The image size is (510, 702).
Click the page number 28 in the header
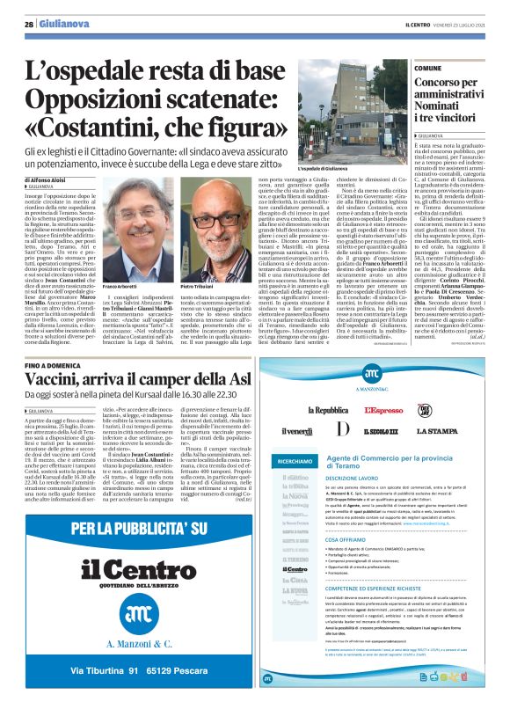(28, 25)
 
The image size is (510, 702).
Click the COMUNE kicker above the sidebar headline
(427, 68)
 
